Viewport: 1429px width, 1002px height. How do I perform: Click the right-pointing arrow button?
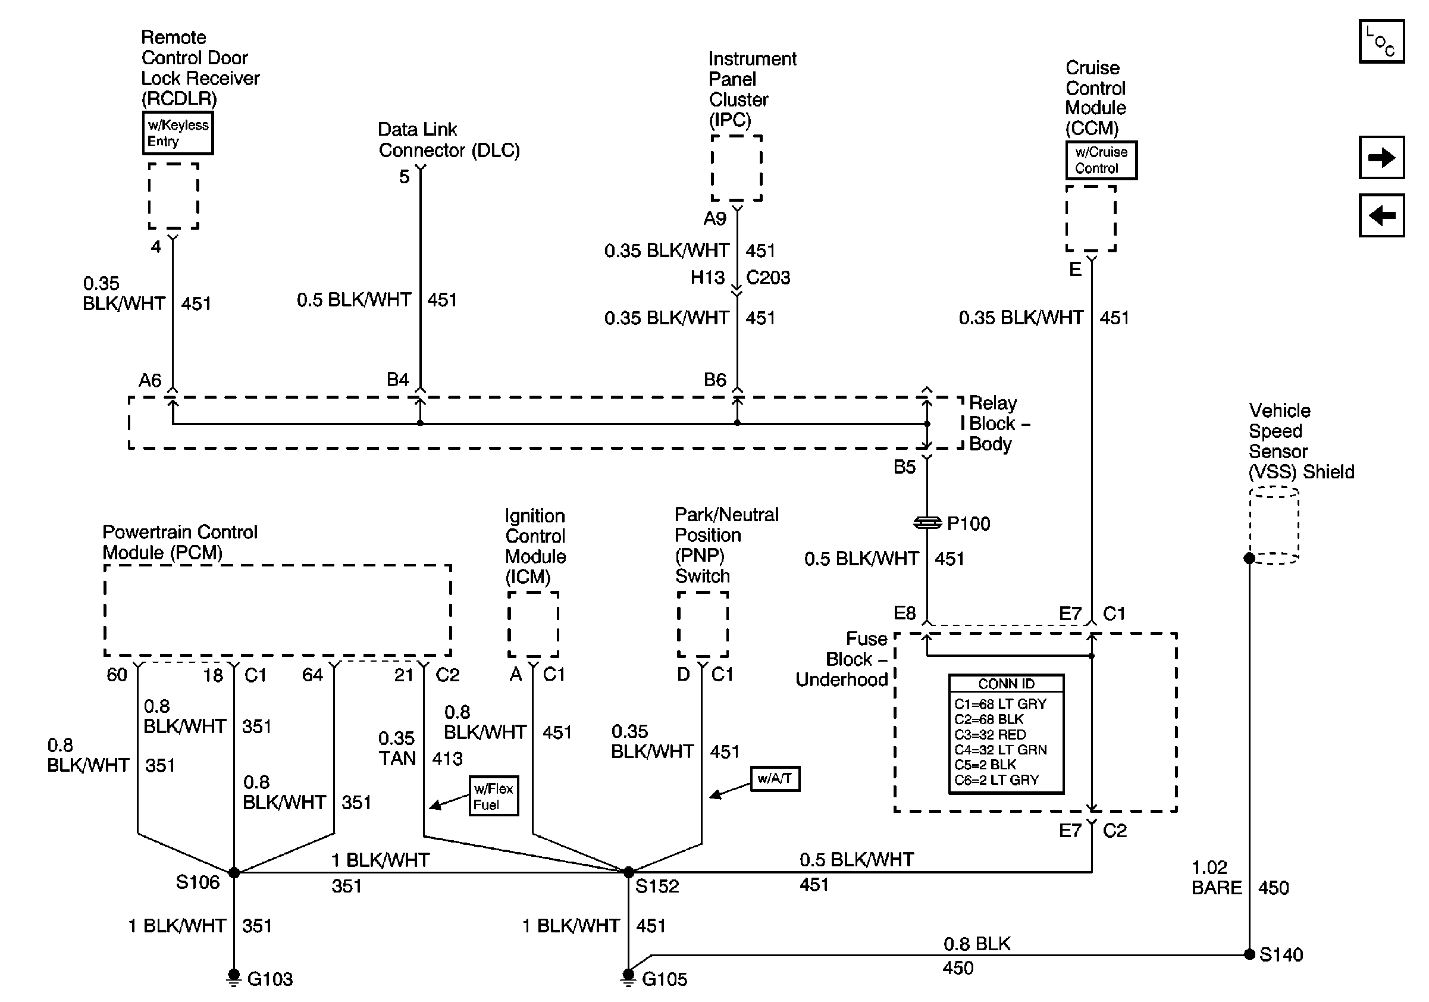coord(1381,158)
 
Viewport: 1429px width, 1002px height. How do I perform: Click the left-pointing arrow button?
coord(1381,216)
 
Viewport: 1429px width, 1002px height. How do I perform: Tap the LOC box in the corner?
coord(1381,42)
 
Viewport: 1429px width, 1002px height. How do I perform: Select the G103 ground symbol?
coord(234,978)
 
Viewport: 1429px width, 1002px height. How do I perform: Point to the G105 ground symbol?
coord(628,978)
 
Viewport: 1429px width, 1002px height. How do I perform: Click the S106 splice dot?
coord(234,872)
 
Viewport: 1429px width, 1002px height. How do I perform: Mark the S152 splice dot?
coord(629,872)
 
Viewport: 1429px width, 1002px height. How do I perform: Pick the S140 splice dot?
coord(1249,954)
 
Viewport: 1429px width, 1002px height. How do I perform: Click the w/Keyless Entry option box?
coord(178,133)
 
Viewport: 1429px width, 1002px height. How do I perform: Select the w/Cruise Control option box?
coord(1101,160)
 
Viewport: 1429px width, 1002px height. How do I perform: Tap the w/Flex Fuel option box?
coord(494,796)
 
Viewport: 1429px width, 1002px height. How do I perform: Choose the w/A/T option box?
coord(775,778)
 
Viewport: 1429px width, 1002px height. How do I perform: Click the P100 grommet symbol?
coord(927,523)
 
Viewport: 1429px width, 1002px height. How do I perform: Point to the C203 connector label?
coord(768,277)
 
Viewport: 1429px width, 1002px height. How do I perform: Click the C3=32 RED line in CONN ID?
coord(990,734)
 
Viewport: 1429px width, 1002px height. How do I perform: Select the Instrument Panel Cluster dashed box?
coord(737,168)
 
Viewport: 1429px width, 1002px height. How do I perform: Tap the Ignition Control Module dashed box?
coord(534,624)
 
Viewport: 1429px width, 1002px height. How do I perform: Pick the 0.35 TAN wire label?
coord(397,748)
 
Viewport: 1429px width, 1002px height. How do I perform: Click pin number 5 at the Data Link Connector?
coord(405,177)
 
